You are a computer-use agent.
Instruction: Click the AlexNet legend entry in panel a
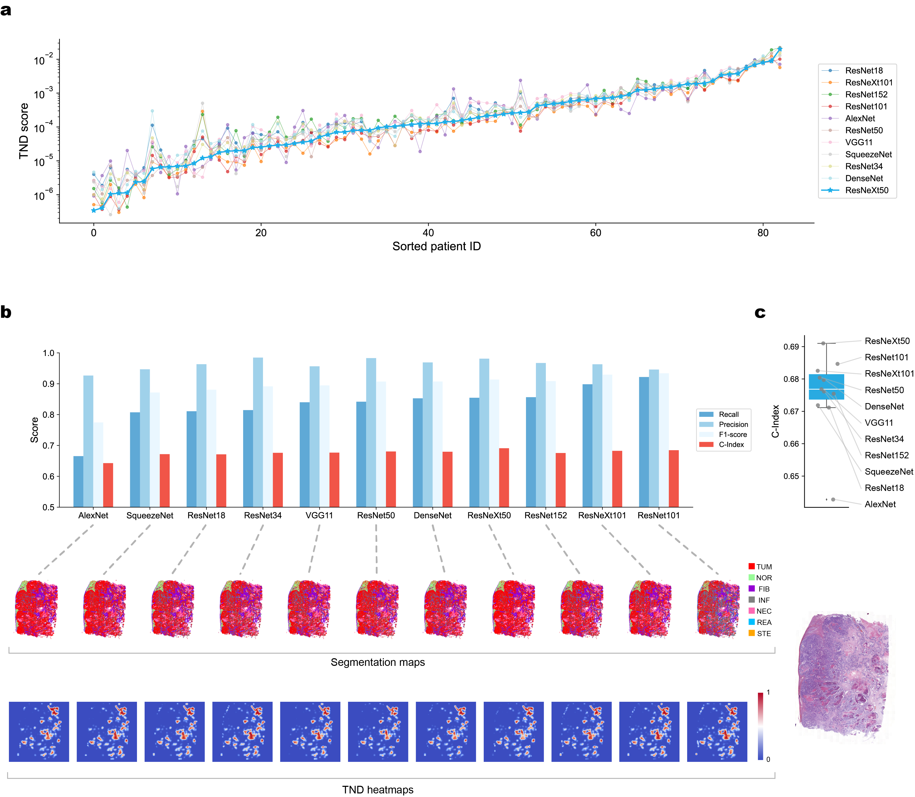point(859,118)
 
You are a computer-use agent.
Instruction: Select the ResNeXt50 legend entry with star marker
point(866,190)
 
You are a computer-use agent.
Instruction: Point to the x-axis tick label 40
point(428,232)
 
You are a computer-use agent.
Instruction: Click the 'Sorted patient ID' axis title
point(436,246)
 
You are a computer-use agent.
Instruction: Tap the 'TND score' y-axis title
point(24,131)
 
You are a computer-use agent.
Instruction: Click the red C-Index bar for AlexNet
point(108,485)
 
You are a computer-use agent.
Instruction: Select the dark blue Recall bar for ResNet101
point(643,442)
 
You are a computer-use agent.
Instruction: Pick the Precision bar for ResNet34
point(258,432)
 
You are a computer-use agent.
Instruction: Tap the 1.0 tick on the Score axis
point(48,353)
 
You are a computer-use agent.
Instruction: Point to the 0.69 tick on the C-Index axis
point(791,347)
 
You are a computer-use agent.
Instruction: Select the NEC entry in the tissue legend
point(763,611)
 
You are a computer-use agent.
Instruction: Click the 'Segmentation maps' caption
point(378,662)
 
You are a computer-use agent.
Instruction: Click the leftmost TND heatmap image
point(39,732)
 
